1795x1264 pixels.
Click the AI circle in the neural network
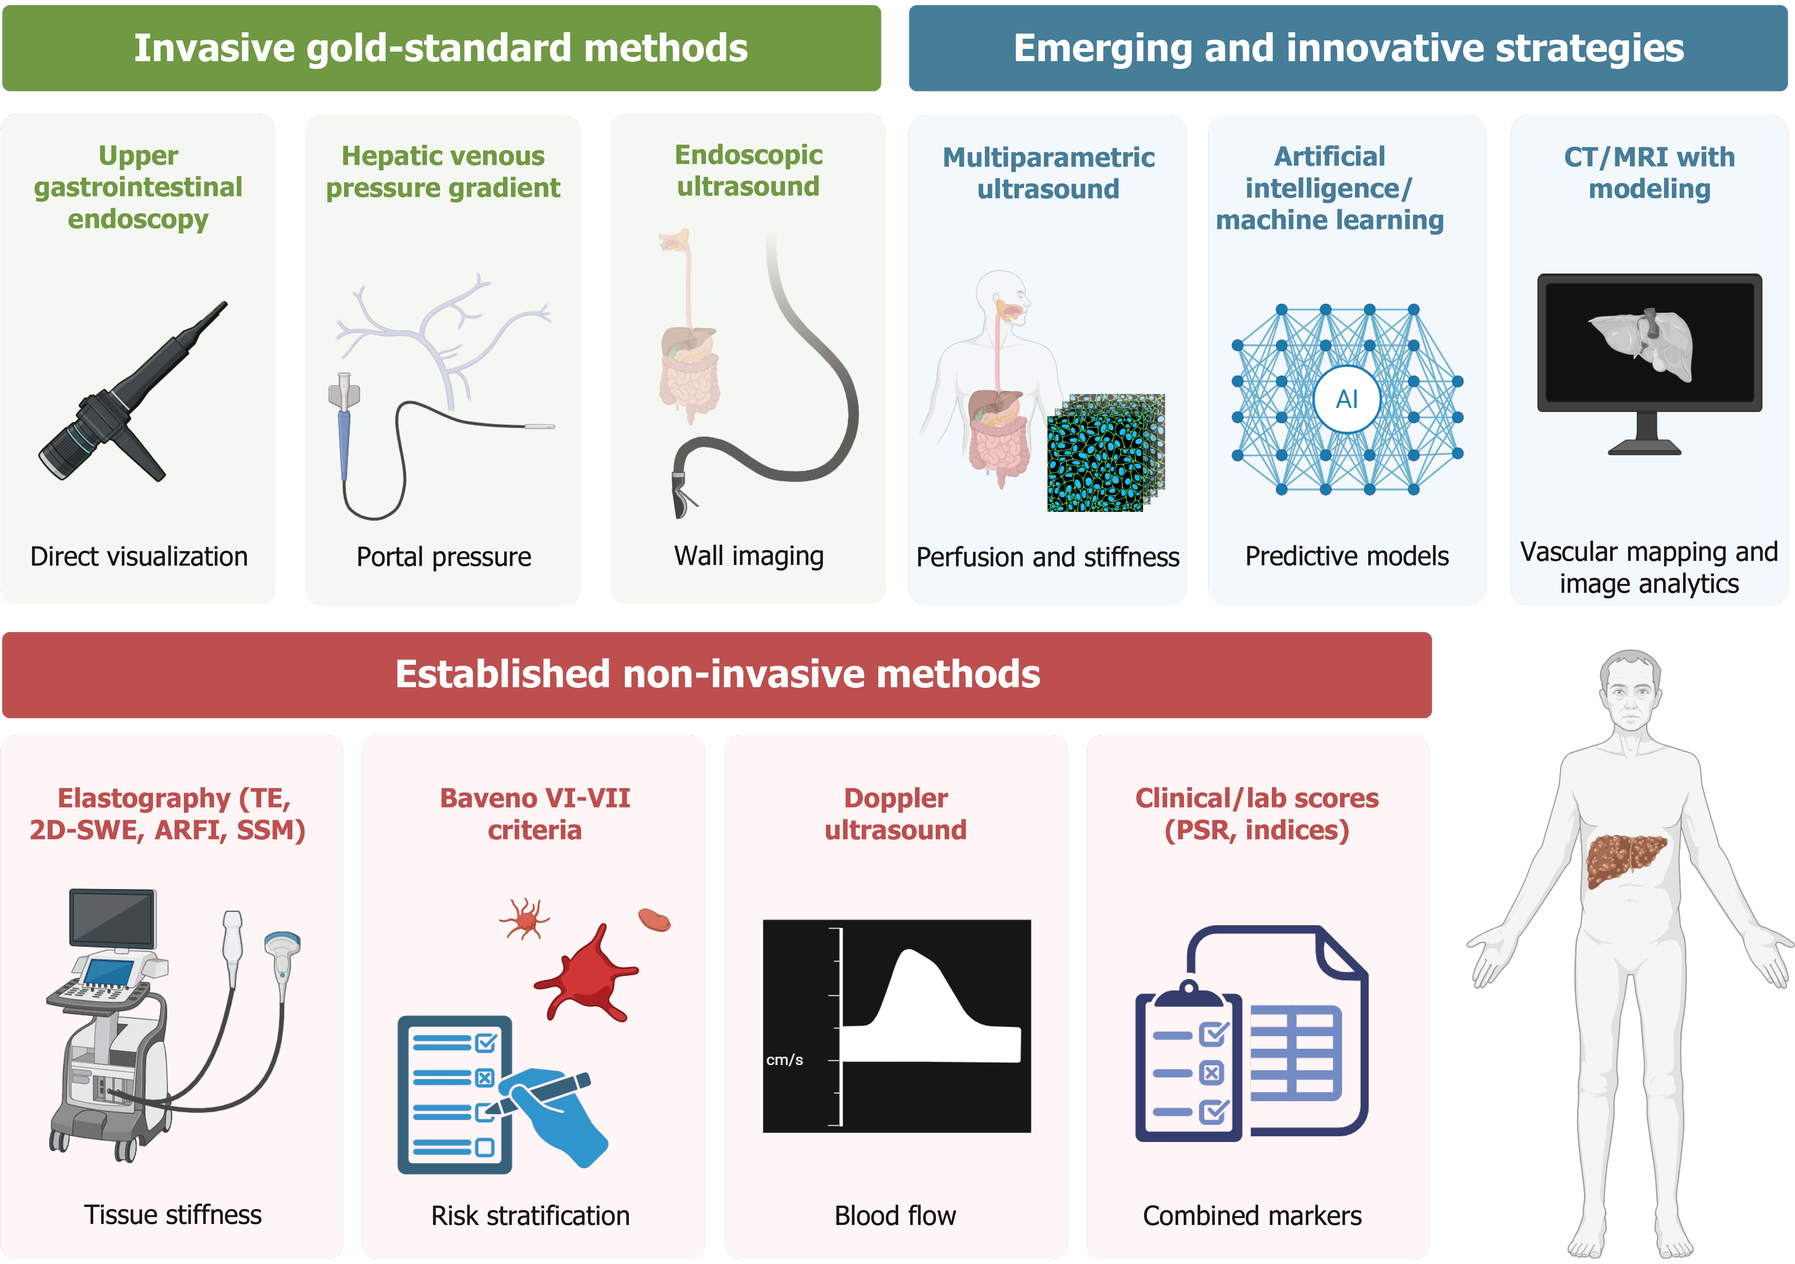coord(1346,399)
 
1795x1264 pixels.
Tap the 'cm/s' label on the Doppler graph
coord(784,1060)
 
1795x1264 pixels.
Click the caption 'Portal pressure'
coord(443,557)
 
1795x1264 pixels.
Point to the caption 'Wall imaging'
coord(748,556)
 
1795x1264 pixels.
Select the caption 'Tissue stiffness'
coord(172,1215)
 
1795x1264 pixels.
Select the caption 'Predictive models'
coord(1346,556)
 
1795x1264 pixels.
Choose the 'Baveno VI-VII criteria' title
coord(535,813)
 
